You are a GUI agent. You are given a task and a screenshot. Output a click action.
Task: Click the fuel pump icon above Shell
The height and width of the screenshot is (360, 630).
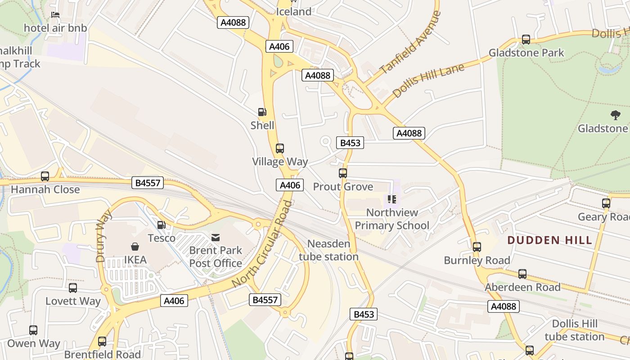coord(262,112)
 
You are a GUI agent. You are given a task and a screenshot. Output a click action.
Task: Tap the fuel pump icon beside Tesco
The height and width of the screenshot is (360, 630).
coord(161,225)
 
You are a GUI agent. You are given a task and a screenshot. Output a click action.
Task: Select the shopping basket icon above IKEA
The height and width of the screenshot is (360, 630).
coord(135,247)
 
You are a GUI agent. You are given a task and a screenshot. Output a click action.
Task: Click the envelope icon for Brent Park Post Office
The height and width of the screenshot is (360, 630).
coord(216,237)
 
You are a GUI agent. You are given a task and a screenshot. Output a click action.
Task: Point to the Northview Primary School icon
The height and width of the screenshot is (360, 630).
coord(391,199)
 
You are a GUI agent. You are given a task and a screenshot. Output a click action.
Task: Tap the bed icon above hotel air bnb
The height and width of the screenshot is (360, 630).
coord(55,15)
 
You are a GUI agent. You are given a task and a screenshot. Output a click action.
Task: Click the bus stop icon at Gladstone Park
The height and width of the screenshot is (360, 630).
coord(526,40)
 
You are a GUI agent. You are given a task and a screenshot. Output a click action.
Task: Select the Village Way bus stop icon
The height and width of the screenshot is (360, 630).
coord(279,148)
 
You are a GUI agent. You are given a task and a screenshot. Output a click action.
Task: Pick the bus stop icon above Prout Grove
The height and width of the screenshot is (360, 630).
coord(343,173)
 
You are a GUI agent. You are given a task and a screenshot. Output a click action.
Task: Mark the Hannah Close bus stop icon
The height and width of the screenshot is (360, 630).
coord(45,176)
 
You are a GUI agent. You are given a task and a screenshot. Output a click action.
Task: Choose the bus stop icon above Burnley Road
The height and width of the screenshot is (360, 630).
coord(477,247)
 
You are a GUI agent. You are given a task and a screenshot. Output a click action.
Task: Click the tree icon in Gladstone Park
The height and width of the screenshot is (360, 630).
coord(615,115)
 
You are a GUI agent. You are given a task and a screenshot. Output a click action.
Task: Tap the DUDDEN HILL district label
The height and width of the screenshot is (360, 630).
coord(549,240)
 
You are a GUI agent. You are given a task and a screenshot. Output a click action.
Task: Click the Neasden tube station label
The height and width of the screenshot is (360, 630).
coord(328,250)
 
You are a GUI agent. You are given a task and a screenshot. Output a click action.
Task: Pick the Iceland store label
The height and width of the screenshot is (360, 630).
coord(293,12)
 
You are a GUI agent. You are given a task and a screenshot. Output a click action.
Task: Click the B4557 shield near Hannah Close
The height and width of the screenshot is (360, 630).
coord(148,183)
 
